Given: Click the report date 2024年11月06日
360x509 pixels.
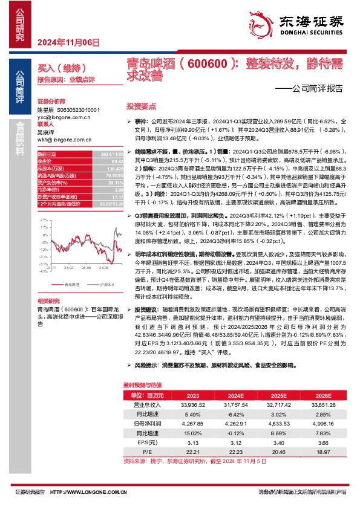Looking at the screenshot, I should click(x=68, y=42).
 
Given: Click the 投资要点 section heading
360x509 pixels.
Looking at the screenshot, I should click(x=136, y=105).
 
